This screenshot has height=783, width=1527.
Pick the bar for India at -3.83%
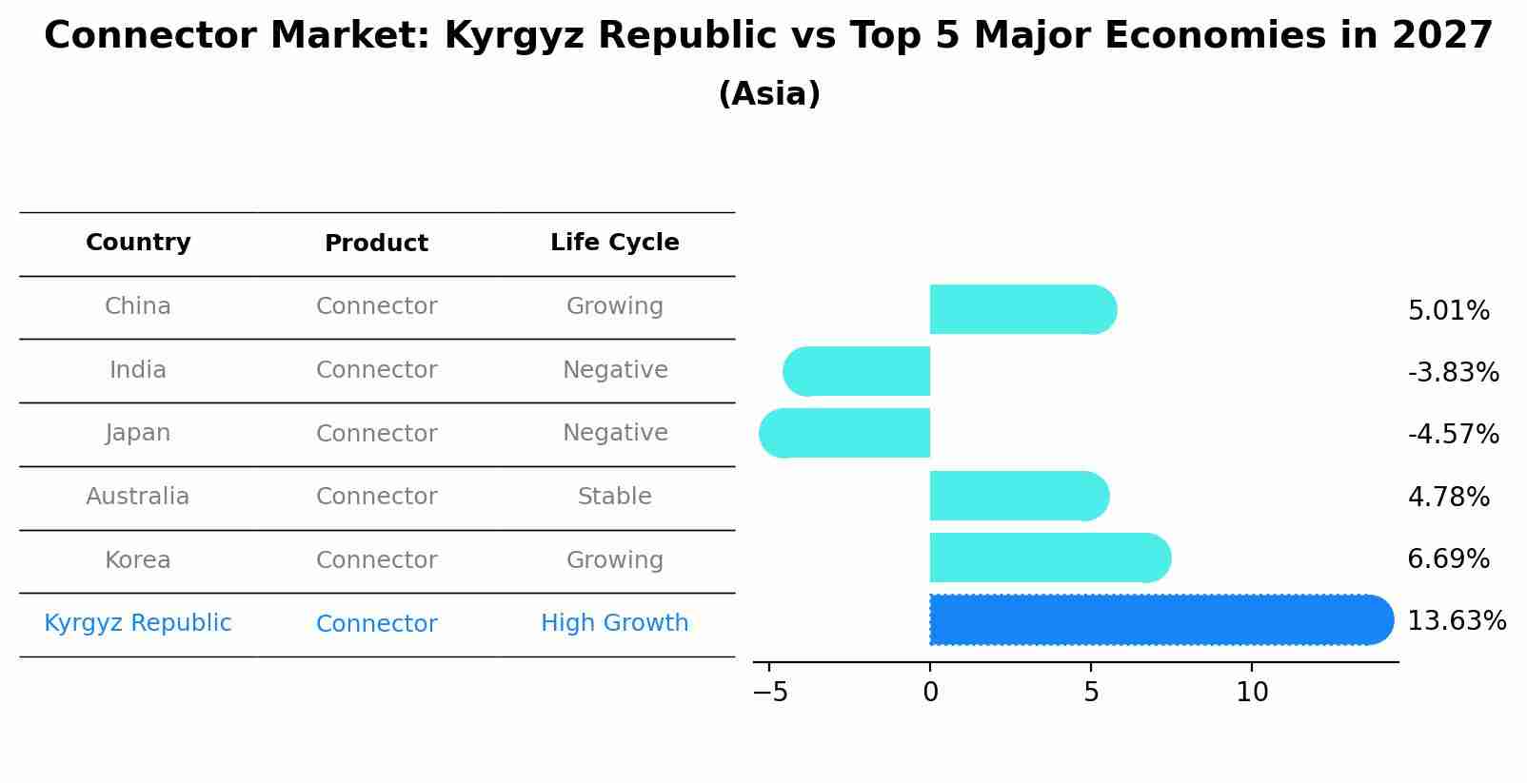(857, 371)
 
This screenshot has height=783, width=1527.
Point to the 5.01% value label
(1448, 311)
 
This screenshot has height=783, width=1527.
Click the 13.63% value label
(1456, 621)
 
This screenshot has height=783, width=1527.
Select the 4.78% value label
(1448, 497)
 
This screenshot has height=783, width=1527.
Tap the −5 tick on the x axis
(770, 693)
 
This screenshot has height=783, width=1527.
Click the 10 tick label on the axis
(1252, 693)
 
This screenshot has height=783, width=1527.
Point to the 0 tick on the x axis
(930, 693)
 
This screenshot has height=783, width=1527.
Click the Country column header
(138, 243)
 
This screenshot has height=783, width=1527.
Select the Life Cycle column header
(615, 243)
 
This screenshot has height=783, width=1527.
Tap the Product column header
(376, 244)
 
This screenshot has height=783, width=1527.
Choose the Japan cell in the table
(138, 433)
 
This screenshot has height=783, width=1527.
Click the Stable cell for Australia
(615, 497)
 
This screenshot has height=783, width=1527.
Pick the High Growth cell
(615, 623)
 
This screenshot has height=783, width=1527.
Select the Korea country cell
(138, 560)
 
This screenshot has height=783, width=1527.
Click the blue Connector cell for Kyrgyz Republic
(376, 624)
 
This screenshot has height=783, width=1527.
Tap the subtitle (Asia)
(769, 94)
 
